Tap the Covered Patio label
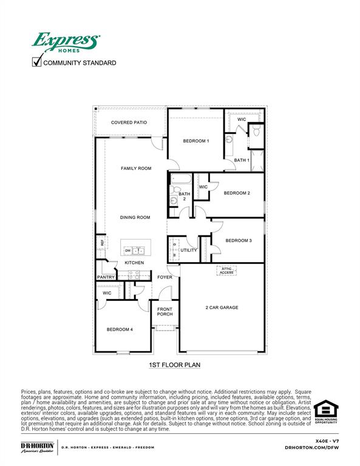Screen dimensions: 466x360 (x=129, y=123)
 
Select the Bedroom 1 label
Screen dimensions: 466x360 (x=196, y=141)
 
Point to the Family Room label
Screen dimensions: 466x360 (x=136, y=168)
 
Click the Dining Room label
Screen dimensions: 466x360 (x=135, y=217)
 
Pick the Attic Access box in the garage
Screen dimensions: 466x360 (x=226, y=271)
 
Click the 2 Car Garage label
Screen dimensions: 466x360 (x=222, y=308)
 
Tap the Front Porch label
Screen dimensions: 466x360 (x=165, y=311)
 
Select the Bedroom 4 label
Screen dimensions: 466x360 (x=120, y=329)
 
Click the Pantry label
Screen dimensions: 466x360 (x=106, y=277)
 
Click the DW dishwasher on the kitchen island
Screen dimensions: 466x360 (x=128, y=251)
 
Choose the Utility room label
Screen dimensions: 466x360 (x=188, y=250)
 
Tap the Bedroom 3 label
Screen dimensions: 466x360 (x=239, y=240)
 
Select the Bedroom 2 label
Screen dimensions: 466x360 (x=237, y=193)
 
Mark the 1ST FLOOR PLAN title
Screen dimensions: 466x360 (x=174, y=365)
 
